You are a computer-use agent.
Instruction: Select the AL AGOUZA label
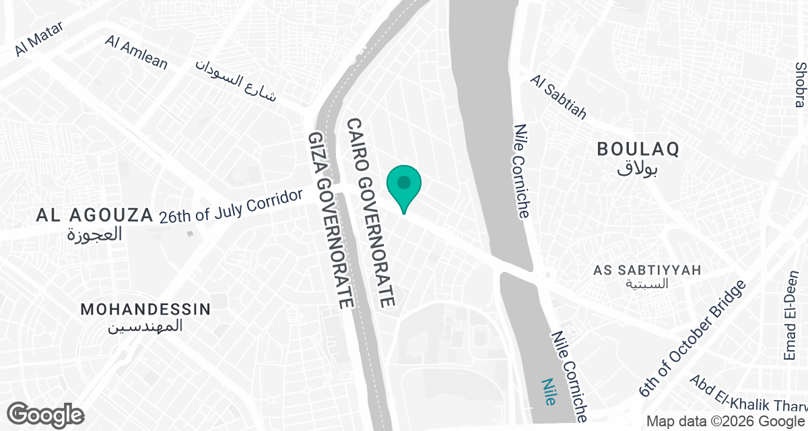coord(94,215)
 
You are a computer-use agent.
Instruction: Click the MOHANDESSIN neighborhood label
coord(145,310)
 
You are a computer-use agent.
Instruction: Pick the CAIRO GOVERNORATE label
coord(370,213)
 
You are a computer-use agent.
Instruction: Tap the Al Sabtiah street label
coord(558,97)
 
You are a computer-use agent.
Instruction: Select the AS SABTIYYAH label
coord(647,270)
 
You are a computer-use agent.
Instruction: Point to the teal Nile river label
coord(549,391)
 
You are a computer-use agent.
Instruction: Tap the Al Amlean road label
coord(137,52)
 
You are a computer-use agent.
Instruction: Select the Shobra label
coord(800,85)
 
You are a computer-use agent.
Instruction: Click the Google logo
coord(46,413)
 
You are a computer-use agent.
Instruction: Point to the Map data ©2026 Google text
coord(726,422)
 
